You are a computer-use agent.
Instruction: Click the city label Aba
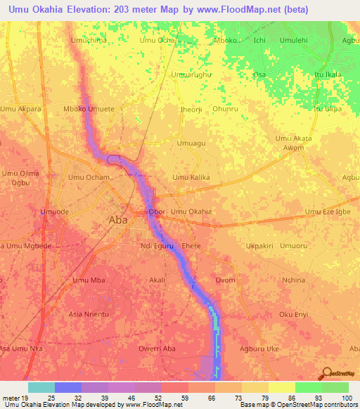[x=118, y=220]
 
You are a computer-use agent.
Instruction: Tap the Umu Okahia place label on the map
[x=191, y=212]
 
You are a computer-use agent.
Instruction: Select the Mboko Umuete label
[x=89, y=110]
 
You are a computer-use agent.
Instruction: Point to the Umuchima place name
[x=89, y=41]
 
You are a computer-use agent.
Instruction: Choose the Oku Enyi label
[x=294, y=313]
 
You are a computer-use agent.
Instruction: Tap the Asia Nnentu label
[x=89, y=313]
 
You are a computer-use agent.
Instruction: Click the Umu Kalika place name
[x=191, y=178]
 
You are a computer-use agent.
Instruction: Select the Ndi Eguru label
[x=156, y=246]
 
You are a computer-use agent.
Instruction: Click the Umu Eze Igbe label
[x=328, y=212]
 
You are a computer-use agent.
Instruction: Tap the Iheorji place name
[x=191, y=110]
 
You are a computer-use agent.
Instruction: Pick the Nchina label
[x=293, y=280]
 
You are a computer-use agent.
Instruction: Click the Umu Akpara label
[x=21, y=110]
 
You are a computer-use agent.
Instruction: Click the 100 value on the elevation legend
[x=347, y=397]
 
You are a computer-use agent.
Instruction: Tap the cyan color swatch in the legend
[x=41, y=387]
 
